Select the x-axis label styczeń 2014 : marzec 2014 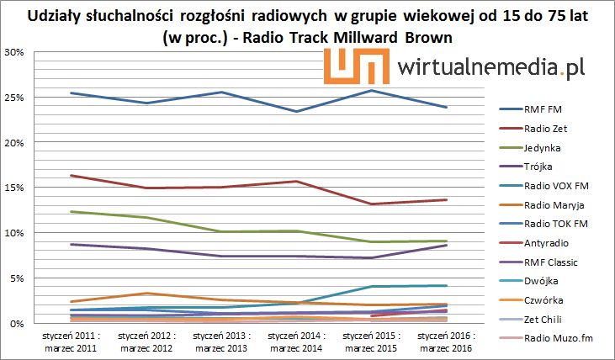[295, 341]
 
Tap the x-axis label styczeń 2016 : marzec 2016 [446, 341]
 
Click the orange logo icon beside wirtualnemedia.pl [349, 66]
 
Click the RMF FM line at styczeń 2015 [371, 90]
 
